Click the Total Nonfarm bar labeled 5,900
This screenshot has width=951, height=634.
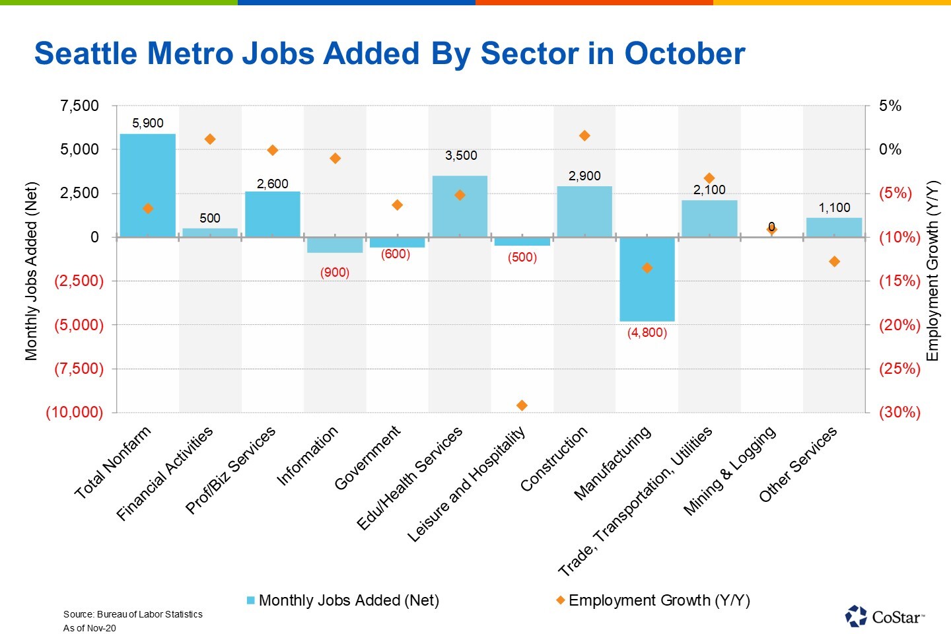pyautogui.click(x=148, y=185)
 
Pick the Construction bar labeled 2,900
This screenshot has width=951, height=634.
pyautogui.click(x=584, y=211)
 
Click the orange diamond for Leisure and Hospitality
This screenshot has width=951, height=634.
pyautogui.click(x=522, y=405)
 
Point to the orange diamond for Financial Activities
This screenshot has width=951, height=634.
pyautogui.click(x=210, y=139)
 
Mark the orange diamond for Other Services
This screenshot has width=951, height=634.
pyautogui.click(x=834, y=262)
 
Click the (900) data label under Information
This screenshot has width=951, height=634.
pyautogui.click(x=335, y=272)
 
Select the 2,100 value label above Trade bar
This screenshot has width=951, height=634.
pyautogui.click(x=709, y=190)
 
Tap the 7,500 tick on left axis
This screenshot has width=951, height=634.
pyautogui.click(x=79, y=106)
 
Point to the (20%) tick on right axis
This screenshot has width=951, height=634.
pyautogui.click(x=899, y=325)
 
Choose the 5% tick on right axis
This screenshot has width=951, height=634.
pyautogui.click(x=890, y=106)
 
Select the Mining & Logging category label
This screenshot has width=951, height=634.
pyautogui.click(x=729, y=470)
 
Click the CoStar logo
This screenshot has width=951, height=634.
pyautogui.click(x=884, y=616)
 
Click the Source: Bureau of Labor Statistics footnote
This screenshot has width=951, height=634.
pyautogui.click(x=133, y=614)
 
